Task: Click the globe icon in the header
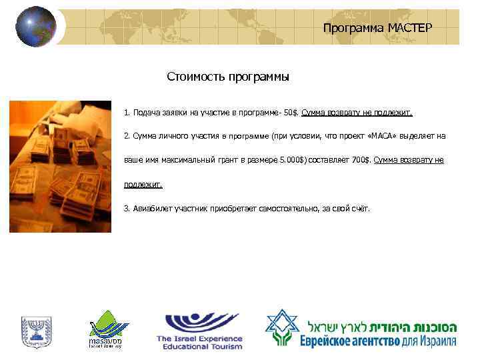(x=36, y=27)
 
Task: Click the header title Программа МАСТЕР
(x=377, y=28)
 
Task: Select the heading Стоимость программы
(x=228, y=77)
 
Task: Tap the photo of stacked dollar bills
(x=60, y=166)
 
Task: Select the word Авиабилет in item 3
(x=147, y=208)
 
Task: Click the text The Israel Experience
(x=199, y=339)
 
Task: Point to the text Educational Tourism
(x=199, y=347)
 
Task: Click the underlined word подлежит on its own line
(x=143, y=185)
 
